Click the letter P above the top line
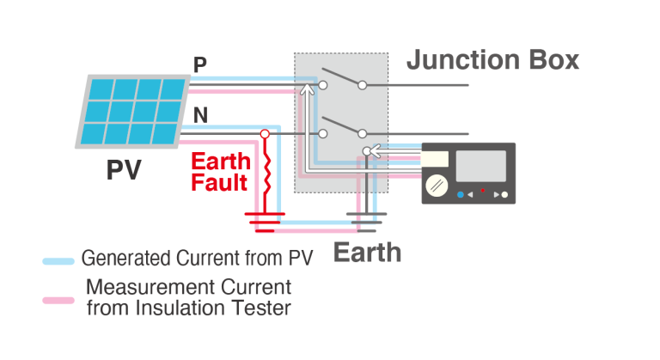point(200,65)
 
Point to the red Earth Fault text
point(220,171)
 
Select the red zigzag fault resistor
point(266,177)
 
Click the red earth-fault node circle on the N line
point(265,134)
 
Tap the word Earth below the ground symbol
point(367,253)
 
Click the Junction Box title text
point(492,60)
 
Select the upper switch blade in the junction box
point(342,76)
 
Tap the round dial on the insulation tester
point(437,183)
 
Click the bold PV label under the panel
point(123,170)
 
